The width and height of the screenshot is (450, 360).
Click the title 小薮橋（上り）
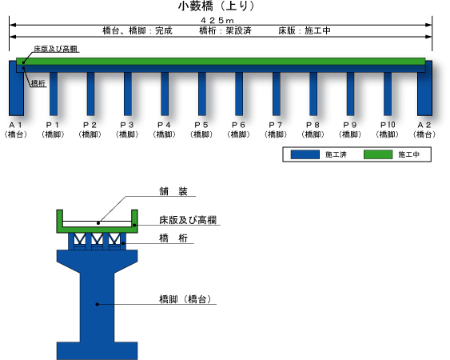(x=216, y=6)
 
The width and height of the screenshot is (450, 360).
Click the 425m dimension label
(x=217, y=20)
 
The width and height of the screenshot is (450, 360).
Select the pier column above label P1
(x=54, y=94)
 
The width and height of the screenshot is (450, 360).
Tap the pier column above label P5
(x=202, y=94)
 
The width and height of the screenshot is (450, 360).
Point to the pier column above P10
(x=388, y=94)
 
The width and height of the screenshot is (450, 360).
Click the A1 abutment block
(x=16, y=89)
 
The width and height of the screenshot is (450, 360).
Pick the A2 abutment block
(x=424, y=89)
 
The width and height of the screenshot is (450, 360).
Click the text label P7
(x=276, y=125)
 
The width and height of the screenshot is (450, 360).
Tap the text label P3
(x=127, y=125)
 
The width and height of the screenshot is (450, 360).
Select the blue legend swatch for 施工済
(x=305, y=154)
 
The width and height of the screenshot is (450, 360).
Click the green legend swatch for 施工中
(x=378, y=154)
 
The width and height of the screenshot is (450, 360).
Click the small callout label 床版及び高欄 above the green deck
(x=56, y=49)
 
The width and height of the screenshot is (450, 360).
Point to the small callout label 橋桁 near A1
(x=38, y=83)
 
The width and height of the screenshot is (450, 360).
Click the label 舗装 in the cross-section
(x=173, y=191)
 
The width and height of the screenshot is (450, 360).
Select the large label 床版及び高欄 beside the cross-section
(x=188, y=220)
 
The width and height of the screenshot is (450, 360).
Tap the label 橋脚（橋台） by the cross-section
(x=185, y=299)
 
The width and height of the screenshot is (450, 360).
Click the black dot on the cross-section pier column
(x=98, y=304)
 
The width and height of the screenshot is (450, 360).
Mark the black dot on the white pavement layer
(x=98, y=223)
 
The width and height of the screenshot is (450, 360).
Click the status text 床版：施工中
(x=305, y=30)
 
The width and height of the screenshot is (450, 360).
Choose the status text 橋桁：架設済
(x=225, y=30)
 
